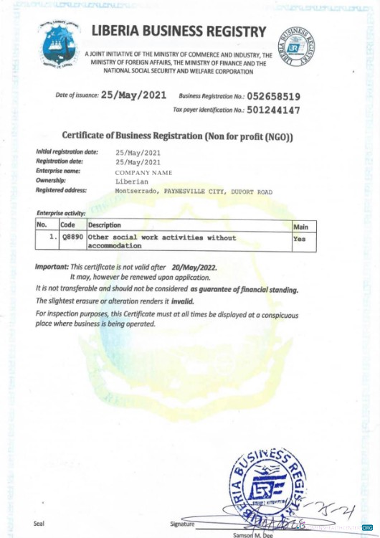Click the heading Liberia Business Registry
[x=179, y=32]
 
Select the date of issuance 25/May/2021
[x=134, y=95]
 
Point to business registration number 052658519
[x=273, y=95]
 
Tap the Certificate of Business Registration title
[x=178, y=136]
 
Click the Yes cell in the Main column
[x=299, y=239]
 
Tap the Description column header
[x=105, y=225]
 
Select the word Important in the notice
[x=52, y=267]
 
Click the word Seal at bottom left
[x=39, y=523]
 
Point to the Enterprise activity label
[x=61, y=214]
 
